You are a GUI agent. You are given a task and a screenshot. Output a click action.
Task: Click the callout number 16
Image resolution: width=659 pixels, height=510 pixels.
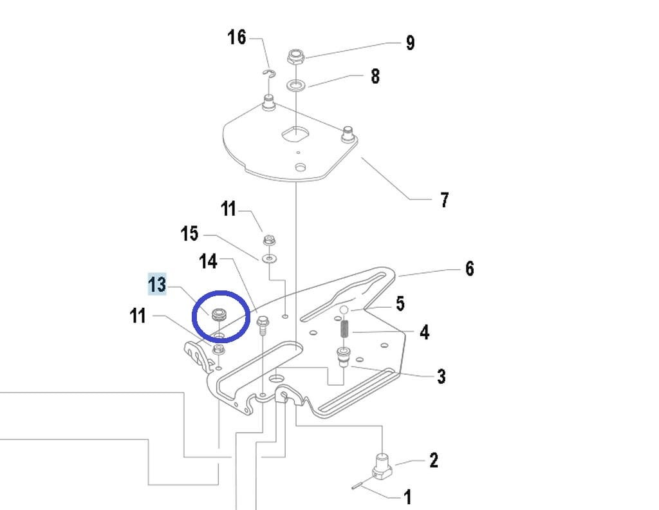pos(237,37)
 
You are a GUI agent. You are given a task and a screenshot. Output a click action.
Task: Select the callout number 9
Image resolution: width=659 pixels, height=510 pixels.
pos(410,43)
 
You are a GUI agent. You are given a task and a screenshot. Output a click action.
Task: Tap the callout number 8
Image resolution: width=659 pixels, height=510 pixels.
pos(375,77)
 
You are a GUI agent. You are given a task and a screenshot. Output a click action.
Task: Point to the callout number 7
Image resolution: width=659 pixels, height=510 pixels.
pos(444,200)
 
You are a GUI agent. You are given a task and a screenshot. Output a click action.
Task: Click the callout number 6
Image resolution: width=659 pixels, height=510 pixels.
pos(469,268)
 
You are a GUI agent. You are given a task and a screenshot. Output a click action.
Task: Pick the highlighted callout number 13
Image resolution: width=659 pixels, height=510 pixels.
pos(157,284)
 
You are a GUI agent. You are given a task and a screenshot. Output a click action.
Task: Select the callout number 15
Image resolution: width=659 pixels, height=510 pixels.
pos(190,233)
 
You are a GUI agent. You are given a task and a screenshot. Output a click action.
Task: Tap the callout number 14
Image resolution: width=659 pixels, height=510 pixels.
pos(209,261)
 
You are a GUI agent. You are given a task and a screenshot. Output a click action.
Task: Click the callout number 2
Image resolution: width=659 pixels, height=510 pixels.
pos(433,460)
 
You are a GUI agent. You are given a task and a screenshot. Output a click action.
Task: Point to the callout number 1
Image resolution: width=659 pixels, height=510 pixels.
pos(407,496)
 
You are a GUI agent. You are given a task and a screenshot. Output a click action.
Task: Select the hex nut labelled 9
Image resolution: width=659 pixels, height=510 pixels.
pos(296,57)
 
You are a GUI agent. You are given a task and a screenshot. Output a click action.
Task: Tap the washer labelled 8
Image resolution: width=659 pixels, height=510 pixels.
pos(296,84)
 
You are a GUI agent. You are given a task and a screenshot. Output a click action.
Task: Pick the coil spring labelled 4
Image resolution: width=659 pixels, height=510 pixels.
pos(344,329)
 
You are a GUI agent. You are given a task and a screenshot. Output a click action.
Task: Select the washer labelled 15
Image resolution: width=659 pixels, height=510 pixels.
pos(266,258)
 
